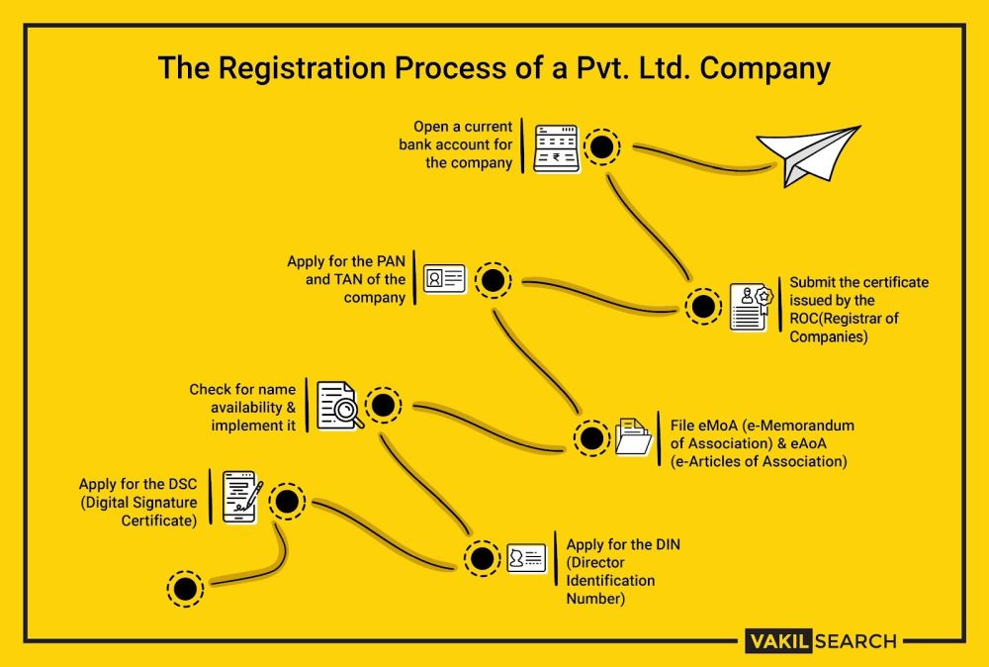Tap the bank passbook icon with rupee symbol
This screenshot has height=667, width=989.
(x=555, y=148)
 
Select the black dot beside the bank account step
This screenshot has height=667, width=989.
(x=600, y=148)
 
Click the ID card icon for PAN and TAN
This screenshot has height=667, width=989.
(x=444, y=280)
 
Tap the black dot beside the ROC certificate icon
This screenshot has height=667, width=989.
(x=703, y=307)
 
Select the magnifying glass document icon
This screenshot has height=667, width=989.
(x=339, y=405)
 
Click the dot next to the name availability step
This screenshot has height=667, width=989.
(x=384, y=405)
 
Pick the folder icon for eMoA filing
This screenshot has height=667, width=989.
(x=633, y=436)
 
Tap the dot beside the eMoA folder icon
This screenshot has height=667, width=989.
(x=591, y=438)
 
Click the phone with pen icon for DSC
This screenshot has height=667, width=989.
(x=242, y=498)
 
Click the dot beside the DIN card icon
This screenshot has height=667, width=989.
(x=483, y=559)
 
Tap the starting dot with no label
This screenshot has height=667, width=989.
(x=185, y=589)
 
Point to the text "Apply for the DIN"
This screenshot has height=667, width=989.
(x=623, y=544)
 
